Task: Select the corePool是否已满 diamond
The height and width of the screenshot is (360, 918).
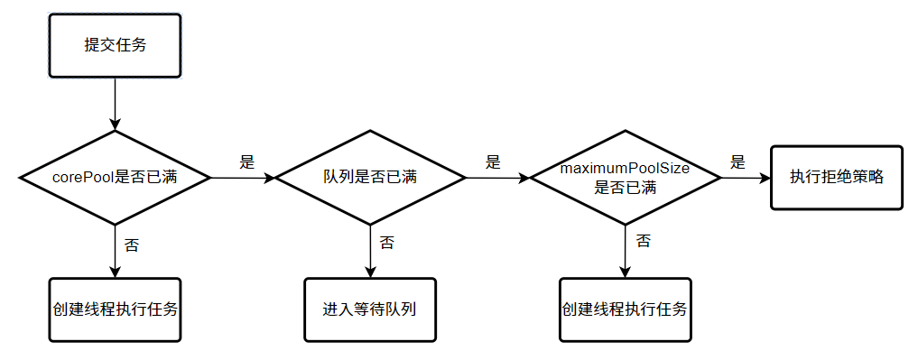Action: click(115, 178)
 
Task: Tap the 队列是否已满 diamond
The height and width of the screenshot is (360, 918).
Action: click(370, 178)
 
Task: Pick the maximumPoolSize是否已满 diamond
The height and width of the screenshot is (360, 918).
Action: click(625, 178)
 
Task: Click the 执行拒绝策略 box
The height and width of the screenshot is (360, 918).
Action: click(836, 177)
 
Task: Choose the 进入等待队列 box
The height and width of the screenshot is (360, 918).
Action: click(370, 309)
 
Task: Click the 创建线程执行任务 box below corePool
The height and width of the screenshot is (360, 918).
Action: click(115, 309)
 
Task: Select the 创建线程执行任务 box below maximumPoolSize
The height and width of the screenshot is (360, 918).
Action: click(625, 309)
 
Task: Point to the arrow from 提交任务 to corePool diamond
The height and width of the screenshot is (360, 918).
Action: click(115, 103)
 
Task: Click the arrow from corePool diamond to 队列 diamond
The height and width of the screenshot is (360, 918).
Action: click(242, 178)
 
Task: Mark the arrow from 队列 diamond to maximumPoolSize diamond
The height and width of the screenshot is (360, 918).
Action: click(496, 178)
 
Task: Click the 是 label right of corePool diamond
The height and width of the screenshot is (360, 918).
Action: click(246, 162)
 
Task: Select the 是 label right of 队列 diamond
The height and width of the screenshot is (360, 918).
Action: click(493, 162)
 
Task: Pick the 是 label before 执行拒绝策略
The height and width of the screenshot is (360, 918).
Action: click(737, 162)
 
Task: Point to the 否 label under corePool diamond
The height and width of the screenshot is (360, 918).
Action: click(131, 245)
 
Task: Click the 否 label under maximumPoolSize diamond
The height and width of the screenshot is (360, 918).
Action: click(643, 240)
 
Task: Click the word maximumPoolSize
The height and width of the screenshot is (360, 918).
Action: click(625, 169)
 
